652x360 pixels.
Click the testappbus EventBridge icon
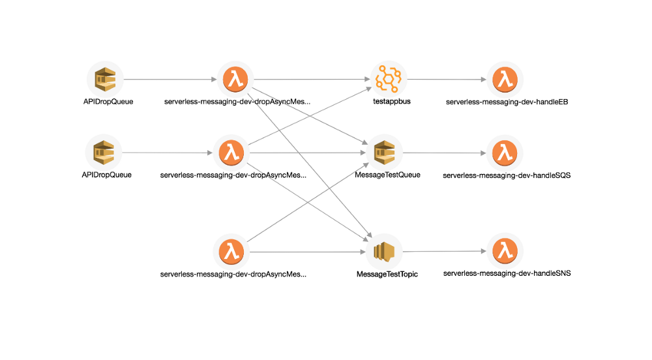[388, 80]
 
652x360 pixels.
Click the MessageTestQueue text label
[387, 175]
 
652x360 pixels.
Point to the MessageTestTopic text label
[387, 275]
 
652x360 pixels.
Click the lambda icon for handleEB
[504, 80]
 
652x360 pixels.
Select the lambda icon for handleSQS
[504, 153]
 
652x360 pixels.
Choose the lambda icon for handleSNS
[504, 252]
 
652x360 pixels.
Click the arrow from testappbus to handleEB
[447, 80]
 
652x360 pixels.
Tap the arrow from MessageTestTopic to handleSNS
[447, 252]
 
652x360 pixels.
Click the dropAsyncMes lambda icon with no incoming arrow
[231, 252]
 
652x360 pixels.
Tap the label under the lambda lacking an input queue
[233, 275]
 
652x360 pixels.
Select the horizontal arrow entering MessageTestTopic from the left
[306, 252]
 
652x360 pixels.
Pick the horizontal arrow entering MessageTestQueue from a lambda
[306, 153]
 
